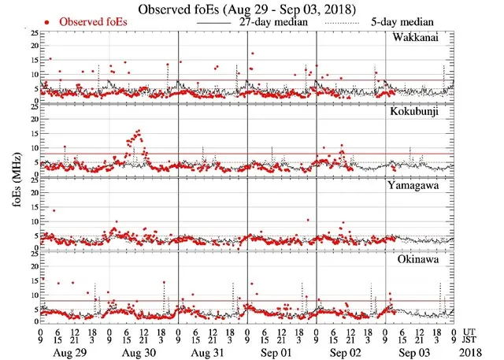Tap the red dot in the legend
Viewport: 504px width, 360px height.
49,22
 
